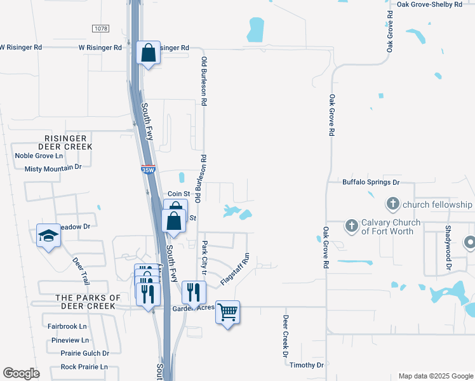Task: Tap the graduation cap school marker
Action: [x=48, y=236]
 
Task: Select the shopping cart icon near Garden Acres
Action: [x=227, y=312]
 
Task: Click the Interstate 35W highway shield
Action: [x=147, y=170]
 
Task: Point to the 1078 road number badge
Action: [x=100, y=29]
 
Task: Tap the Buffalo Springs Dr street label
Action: [x=371, y=182]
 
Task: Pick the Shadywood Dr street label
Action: [x=448, y=249]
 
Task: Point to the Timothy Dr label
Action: [x=306, y=365]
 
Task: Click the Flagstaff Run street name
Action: [x=235, y=269]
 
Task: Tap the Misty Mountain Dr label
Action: [x=53, y=168]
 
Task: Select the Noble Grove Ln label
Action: [x=39, y=156]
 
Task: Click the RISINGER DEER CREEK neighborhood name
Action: [x=69, y=142]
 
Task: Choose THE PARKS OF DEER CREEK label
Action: [x=88, y=302]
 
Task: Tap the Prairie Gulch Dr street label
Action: [x=84, y=353]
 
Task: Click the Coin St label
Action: [x=179, y=194]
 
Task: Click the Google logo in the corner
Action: [x=21, y=373]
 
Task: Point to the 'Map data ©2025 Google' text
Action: [x=436, y=376]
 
